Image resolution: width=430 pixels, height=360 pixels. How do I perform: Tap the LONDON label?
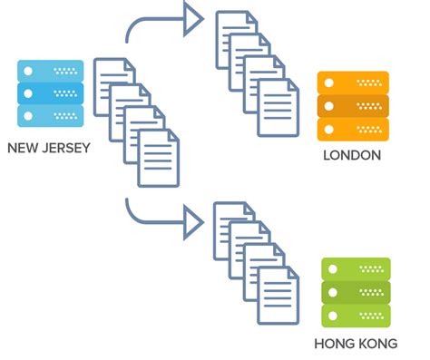click(352, 155)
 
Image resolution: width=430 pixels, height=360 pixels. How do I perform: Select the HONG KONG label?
click(356, 344)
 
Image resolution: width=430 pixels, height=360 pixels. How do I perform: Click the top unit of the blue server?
click(51, 71)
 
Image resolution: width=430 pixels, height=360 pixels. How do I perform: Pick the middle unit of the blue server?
click(51, 93)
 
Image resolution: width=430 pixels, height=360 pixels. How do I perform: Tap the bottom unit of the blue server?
click(51, 115)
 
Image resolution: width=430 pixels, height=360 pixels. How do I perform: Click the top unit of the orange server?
click(353, 83)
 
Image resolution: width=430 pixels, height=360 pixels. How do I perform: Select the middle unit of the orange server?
click(353, 105)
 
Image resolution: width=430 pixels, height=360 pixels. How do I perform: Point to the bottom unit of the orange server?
click(353, 128)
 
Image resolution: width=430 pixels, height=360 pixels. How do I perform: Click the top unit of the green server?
click(356, 269)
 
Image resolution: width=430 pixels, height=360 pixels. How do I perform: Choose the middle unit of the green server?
click(356, 292)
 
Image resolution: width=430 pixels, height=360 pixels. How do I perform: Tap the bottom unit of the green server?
click(356, 315)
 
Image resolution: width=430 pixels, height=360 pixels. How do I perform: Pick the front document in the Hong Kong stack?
click(278, 296)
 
